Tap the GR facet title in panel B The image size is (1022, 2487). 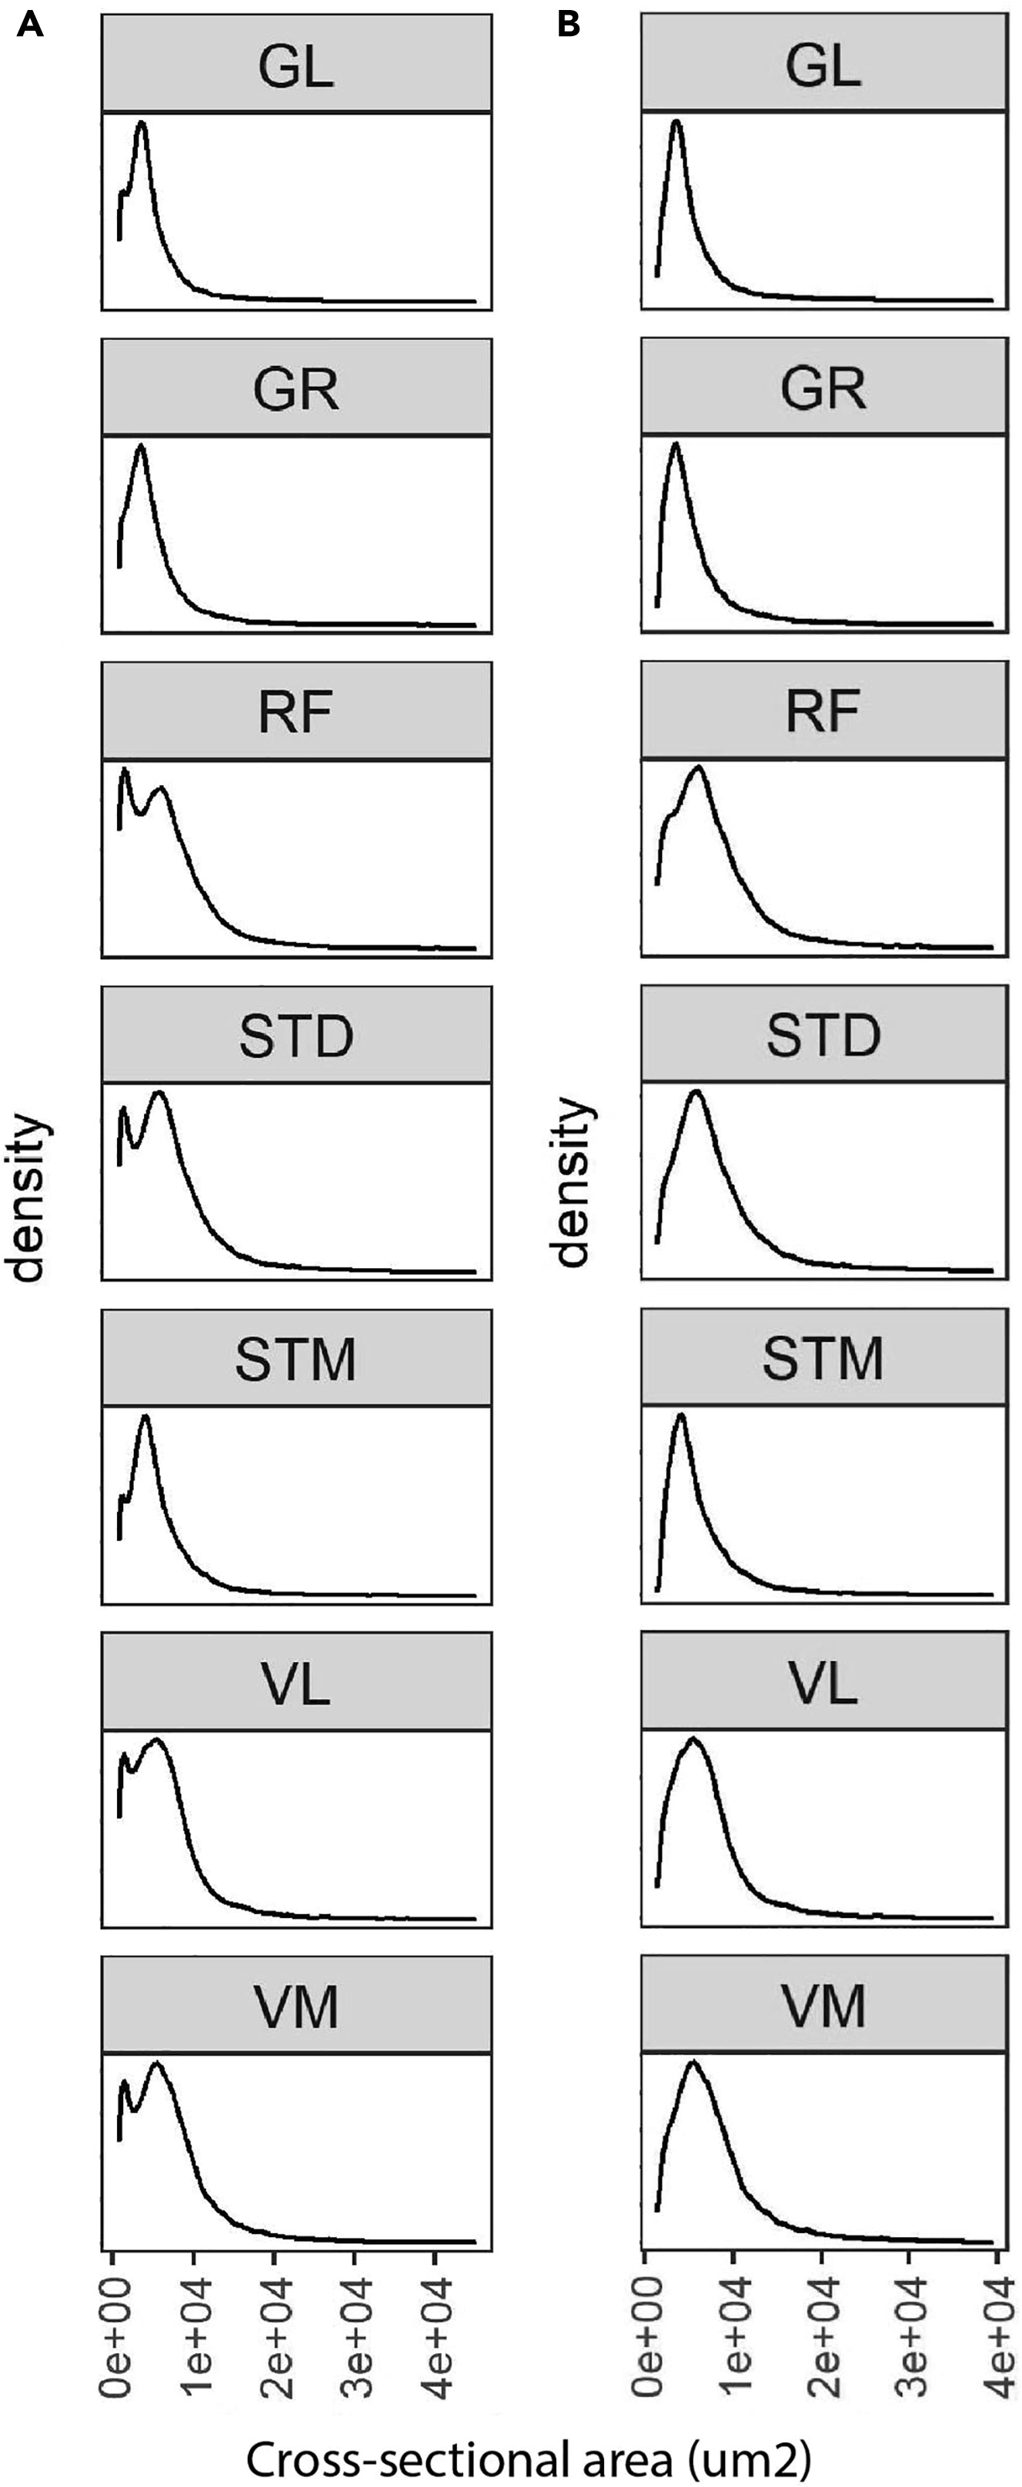(x=823, y=389)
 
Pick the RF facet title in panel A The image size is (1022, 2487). (x=296, y=713)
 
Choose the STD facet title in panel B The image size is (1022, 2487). (x=823, y=1036)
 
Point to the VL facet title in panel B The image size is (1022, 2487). (x=823, y=1682)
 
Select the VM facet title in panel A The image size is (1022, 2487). (x=296, y=2006)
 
